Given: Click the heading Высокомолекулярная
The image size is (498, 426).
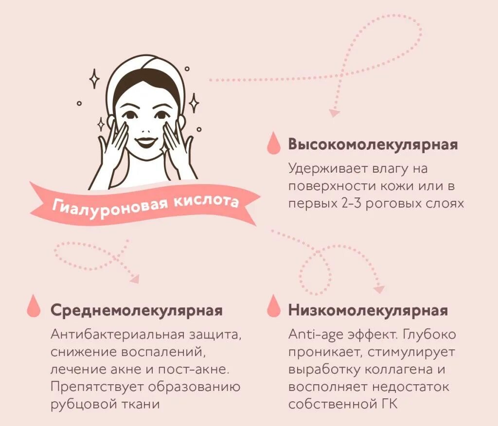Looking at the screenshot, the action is (x=373, y=145).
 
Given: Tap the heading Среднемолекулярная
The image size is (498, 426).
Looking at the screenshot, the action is (x=136, y=310).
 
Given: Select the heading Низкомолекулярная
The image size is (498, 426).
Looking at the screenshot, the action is (x=368, y=310).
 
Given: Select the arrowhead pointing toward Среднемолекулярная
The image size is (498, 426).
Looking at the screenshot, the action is (x=134, y=279).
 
